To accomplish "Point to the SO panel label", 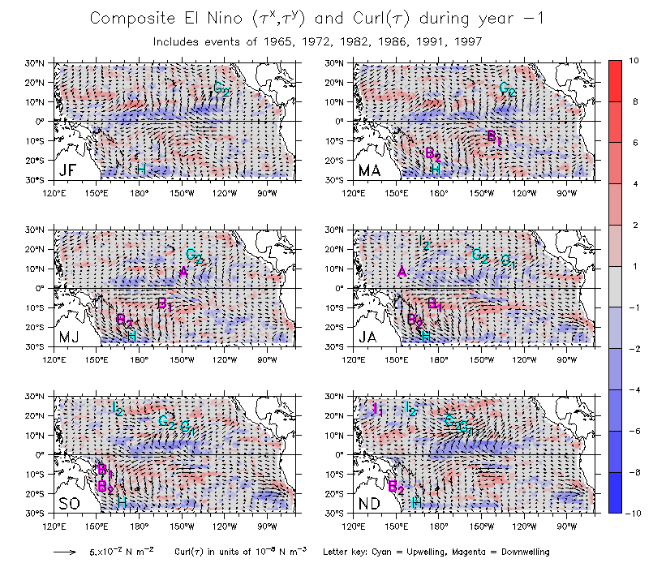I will tap(70, 503).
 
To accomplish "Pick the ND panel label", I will tap(370, 503).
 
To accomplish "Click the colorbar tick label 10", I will tap(634, 61).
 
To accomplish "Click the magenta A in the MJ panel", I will tap(184, 272).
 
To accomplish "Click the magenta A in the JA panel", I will tap(402, 272).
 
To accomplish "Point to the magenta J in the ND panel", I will tap(374, 407).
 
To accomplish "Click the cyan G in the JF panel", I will tap(218, 88).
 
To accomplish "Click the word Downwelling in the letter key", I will tap(522, 552).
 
